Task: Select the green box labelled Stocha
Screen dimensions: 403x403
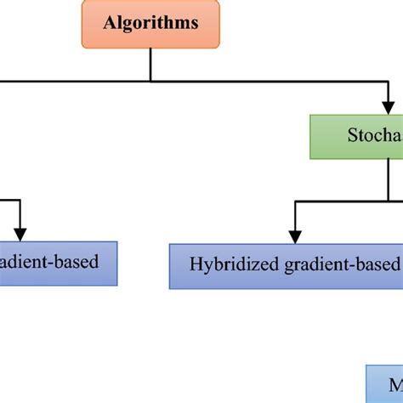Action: point(355,136)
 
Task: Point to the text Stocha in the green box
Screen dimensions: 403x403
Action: point(374,136)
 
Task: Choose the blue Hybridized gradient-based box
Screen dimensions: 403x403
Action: point(286,265)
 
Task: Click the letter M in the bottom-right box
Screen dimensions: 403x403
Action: point(394,385)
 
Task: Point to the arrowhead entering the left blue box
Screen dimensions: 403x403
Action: point(20,233)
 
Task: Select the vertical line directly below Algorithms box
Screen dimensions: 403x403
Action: point(150,64)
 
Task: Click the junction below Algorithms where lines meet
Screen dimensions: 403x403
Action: point(150,81)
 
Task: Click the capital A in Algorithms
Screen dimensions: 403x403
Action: point(109,23)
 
